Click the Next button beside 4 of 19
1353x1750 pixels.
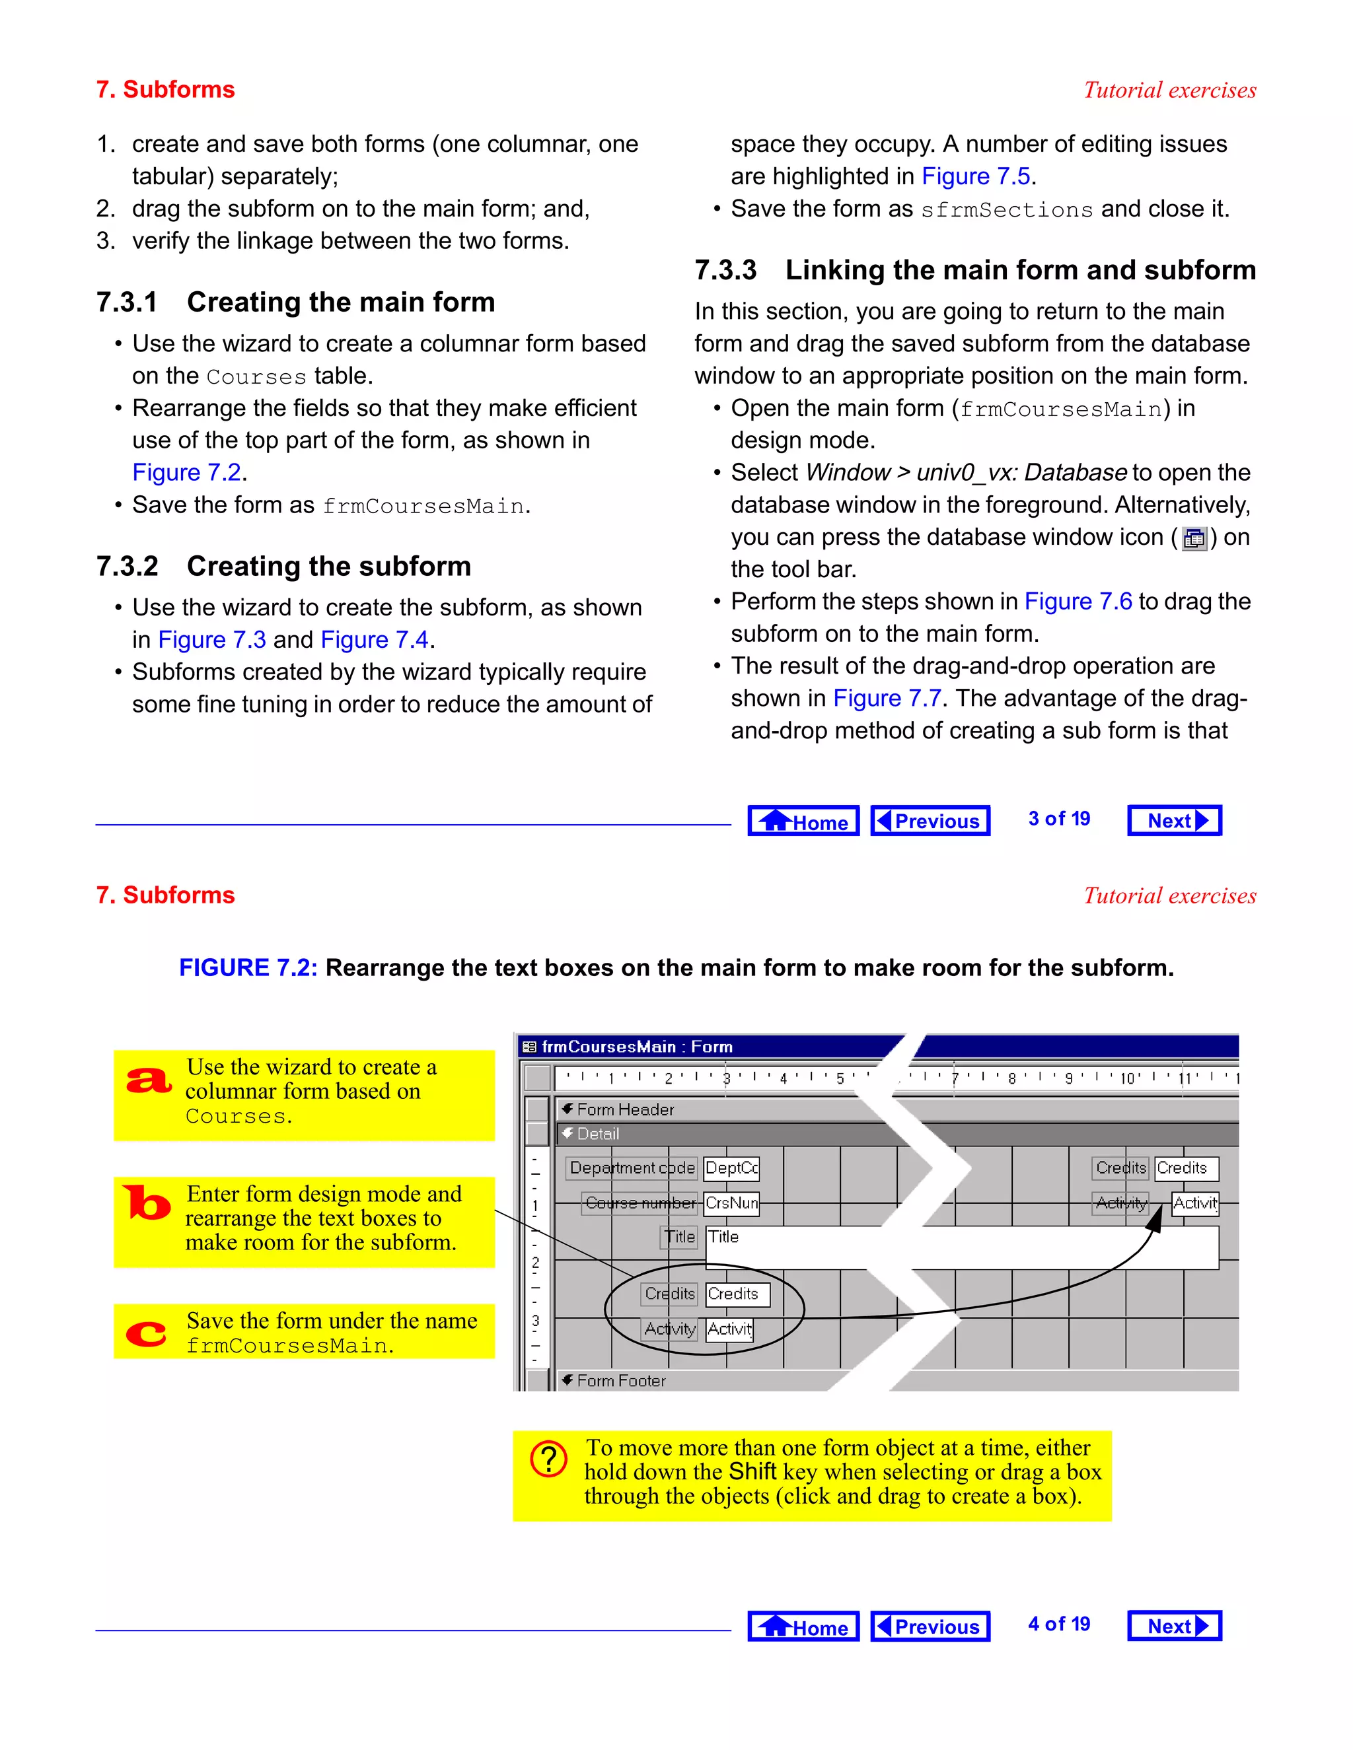tap(1174, 1627)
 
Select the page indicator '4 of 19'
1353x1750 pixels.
tap(1059, 1625)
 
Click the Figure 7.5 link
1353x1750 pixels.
tap(976, 176)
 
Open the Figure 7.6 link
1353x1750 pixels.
tap(1078, 602)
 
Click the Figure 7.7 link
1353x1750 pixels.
tap(887, 699)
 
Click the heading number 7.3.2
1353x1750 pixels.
tap(128, 567)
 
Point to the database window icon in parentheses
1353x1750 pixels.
tap(1194, 538)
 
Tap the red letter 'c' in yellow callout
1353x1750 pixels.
tap(147, 1333)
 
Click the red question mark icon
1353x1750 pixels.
tap(549, 1459)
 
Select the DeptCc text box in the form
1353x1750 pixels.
tap(731, 1168)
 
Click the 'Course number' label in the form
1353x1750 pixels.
tap(640, 1203)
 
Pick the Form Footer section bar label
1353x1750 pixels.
tap(621, 1381)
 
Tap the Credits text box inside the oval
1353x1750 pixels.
tap(737, 1294)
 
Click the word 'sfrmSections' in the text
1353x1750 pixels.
tap(1007, 210)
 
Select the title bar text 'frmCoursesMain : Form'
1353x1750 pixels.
tap(636, 1047)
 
